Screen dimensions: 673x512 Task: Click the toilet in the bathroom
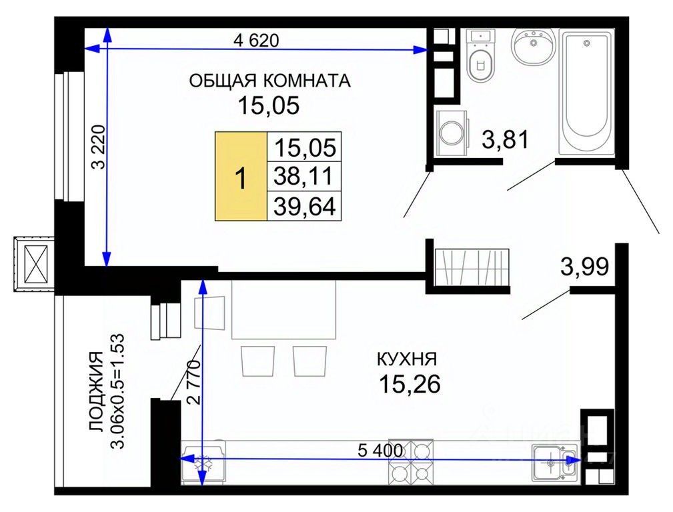[x=481, y=56]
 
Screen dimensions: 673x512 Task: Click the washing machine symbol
[x=452, y=133]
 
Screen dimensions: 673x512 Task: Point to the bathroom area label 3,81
[x=505, y=139]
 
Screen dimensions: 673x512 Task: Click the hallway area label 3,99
[x=584, y=266]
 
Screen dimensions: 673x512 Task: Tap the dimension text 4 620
[x=256, y=41]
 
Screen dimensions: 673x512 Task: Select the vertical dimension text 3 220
[x=99, y=147]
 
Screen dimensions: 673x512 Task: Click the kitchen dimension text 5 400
[x=380, y=450]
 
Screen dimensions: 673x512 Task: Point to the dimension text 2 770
[x=193, y=383]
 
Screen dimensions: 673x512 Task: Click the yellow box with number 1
[x=241, y=177]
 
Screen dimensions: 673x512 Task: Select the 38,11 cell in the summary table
[x=304, y=176]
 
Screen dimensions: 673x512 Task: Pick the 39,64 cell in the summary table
[x=304, y=205]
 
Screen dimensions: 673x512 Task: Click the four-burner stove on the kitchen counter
[x=411, y=462]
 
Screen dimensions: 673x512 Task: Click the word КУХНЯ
[x=407, y=359]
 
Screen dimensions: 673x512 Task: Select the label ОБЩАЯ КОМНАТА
[x=269, y=81]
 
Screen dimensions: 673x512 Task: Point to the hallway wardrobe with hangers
[x=472, y=267]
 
